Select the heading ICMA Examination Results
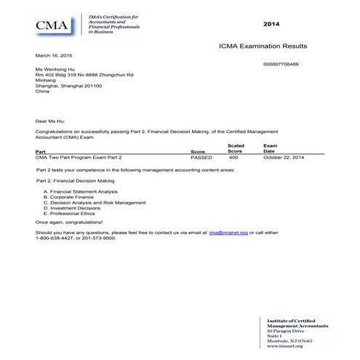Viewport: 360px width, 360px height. coord(263,46)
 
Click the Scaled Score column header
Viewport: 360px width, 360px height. coord(234,148)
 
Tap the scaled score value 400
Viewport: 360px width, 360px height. coord(233,157)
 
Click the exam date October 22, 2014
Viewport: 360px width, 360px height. coord(284,157)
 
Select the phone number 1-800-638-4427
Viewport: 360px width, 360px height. coord(57,238)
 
